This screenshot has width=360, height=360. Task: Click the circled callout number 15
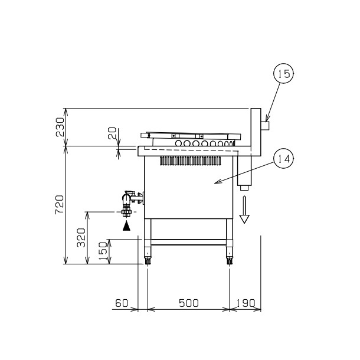283,74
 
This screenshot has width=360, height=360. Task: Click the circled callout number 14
283,159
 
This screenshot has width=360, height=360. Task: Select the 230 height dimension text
60,126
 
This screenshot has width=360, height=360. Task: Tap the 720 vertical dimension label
60,204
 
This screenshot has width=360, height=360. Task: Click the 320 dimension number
82,237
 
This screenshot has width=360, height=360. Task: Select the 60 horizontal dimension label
121,303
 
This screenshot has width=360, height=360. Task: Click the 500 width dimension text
188,303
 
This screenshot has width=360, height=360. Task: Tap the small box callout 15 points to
265,126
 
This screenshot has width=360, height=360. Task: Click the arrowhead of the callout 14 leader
215,182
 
